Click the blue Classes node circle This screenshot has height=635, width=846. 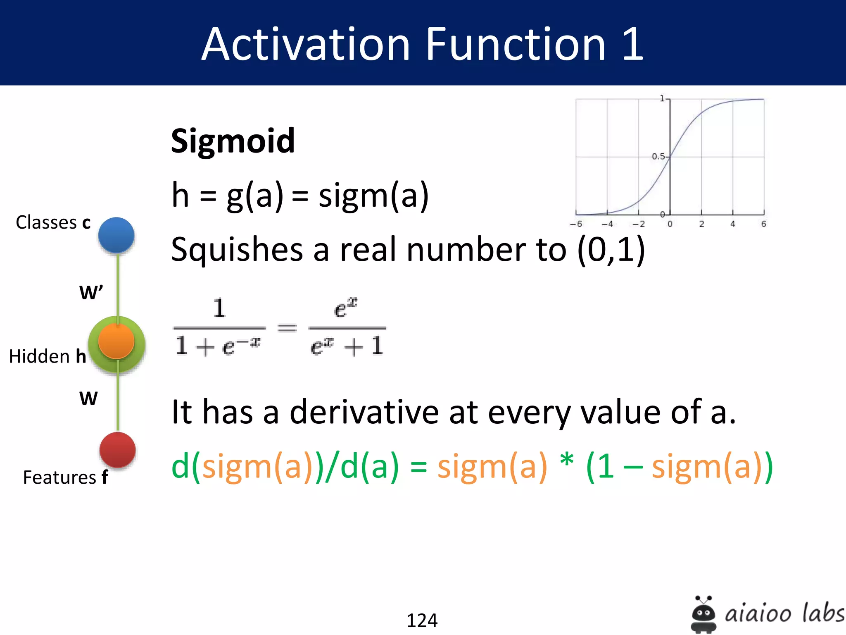[116, 235]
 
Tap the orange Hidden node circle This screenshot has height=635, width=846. [116, 341]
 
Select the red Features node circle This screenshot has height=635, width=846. [118, 450]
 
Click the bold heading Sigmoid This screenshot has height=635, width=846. [233, 141]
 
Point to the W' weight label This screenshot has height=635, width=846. [91, 292]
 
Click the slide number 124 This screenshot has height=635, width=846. [422, 620]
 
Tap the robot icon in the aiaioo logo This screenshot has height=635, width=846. [703, 614]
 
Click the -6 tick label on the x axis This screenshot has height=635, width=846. [576, 224]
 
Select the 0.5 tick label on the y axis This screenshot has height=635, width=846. [658, 156]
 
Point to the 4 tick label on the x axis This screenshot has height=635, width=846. [732, 224]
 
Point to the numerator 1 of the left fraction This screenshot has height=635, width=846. [219, 308]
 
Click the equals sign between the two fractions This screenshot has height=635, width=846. [287, 328]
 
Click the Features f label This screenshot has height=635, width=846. [65, 477]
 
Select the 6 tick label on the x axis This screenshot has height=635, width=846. [763, 224]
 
